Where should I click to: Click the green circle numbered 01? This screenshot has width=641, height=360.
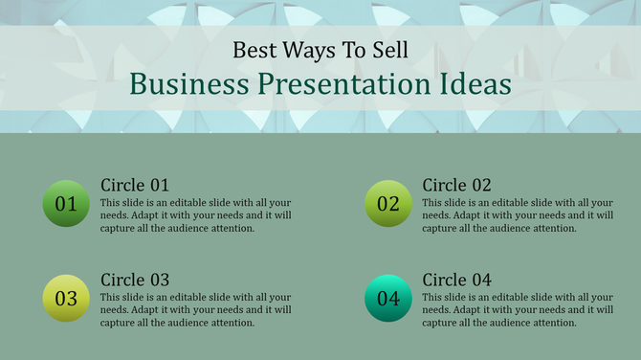(x=66, y=203)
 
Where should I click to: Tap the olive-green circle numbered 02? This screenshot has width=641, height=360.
(x=388, y=203)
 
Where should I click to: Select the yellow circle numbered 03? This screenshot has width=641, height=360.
(x=66, y=299)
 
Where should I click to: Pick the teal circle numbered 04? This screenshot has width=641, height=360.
(x=388, y=299)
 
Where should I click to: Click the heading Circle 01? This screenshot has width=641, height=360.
(x=135, y=185)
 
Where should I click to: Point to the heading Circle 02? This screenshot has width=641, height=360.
(x=457, y=185)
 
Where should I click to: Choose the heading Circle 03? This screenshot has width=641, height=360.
(x=135, y=280)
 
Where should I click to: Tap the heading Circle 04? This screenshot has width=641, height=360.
(x=457, y=280)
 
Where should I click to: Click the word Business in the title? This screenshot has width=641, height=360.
(x=189, y=84)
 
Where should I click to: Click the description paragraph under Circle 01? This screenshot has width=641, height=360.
(x=196, y=215)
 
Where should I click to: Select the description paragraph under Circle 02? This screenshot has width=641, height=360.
(x=518, y=215)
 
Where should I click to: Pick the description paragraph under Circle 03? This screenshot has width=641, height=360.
(x=196, y=310)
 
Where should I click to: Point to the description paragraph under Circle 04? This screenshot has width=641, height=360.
(x=518, y=310)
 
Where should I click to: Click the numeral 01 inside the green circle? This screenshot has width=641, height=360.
(x=66, y=204)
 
